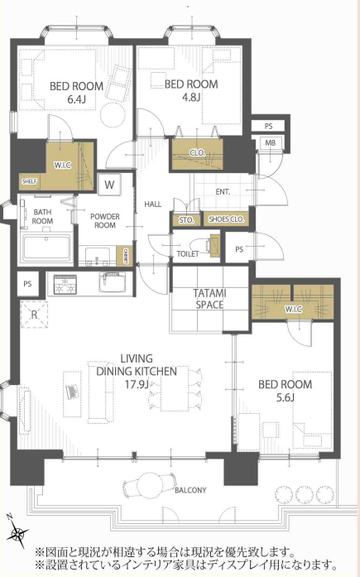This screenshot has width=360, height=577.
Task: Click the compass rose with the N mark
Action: (18, 531)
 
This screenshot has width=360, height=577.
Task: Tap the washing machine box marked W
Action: (109, 184)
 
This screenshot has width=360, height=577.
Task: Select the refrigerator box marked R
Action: (34, 315)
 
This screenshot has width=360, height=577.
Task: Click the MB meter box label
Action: (271, 142)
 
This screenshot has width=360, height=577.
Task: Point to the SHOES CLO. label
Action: (226, 219)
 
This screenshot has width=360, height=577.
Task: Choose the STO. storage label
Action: (186, 220)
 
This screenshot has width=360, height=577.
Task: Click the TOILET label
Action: (188, 253)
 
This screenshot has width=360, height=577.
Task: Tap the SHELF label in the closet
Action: (29, 181)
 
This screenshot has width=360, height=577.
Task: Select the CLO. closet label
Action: (198, 152)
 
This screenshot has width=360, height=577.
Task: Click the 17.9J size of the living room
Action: (137, 385)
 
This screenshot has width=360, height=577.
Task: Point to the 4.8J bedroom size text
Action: (191, 98)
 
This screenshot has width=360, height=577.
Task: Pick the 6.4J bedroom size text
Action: (76, 99)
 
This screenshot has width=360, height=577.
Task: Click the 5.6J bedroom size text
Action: (286, 397)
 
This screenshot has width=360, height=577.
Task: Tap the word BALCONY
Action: (190, 490)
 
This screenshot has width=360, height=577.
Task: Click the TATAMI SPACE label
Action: (209, 299)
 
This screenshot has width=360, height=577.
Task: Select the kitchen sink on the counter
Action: (113, 283)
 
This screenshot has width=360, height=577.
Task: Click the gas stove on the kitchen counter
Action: (65, 285)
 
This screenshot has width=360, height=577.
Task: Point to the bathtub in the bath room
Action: (46, 247)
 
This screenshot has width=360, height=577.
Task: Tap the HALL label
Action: (152, 204)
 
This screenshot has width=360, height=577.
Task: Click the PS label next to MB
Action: (268, 126)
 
